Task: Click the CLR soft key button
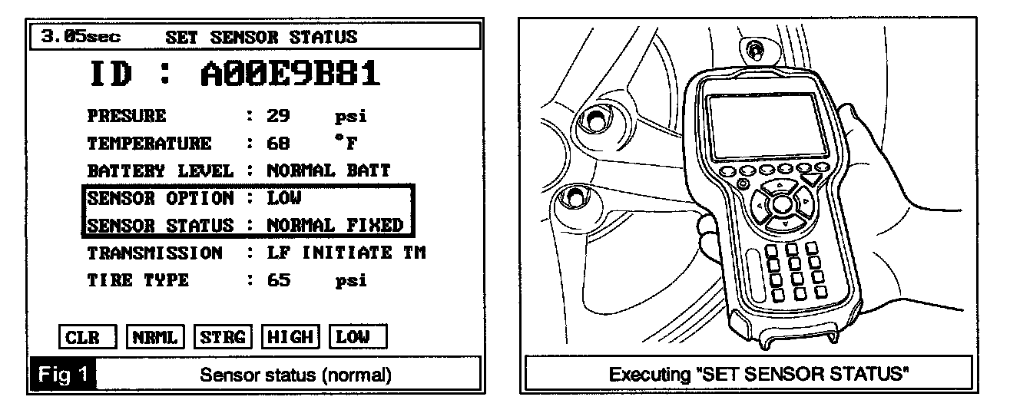click(87, 337)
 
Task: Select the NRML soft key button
click(154, 337)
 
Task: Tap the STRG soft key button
click(222, 337)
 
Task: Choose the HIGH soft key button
click(290, 337)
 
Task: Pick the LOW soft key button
click(357, 337)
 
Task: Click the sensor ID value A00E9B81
click(290, 74)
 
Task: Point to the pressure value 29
click(277, 117)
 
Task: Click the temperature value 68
click(277, 144)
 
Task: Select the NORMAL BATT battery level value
click(329, 170)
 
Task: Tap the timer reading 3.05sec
click(75, 36)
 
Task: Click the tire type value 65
click(277, 280)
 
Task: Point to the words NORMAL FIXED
click(335, 226)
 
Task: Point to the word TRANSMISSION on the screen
click(154, 253)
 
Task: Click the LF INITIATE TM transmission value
click(346, 253)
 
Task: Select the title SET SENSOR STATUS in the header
click(261, 36)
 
